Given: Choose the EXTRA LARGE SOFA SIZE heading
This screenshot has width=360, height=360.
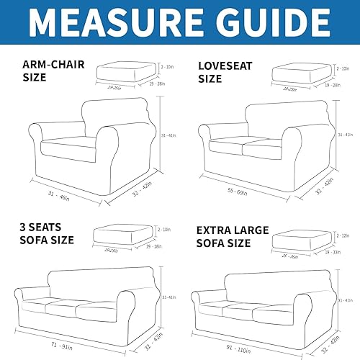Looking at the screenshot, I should (x=233, y=237).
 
